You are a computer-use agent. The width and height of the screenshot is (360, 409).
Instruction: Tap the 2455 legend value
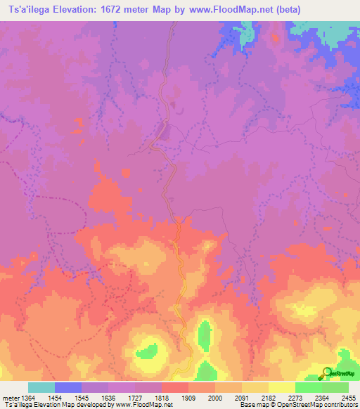tap(347, 398)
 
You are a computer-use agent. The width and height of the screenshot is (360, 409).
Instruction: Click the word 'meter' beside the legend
tap(10, 398)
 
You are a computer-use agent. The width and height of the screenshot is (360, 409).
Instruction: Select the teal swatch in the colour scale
tap(41, 387)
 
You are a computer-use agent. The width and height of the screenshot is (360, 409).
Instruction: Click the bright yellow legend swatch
tap(282, 387)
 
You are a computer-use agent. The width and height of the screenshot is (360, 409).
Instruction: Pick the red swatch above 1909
tap(175, 387)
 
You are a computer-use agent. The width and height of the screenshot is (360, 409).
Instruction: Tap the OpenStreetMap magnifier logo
tap(327, 372)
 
